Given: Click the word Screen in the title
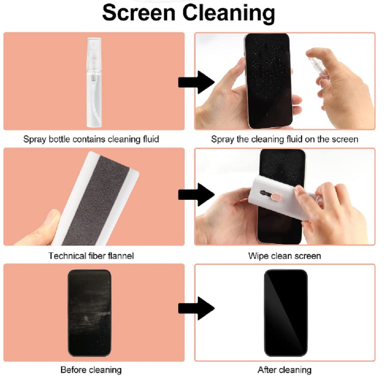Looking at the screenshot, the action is [139, 13].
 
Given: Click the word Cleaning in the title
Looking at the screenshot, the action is [229, 13].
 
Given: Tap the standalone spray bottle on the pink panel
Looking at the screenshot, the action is [94, 82].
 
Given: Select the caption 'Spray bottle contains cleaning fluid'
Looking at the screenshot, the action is [91, 139].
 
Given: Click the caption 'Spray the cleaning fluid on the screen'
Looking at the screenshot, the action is [285, 139].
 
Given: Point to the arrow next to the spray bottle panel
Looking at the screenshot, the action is [196, 82].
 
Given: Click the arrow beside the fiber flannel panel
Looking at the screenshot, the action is [196, 195].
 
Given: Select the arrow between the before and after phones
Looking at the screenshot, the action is [196, 308].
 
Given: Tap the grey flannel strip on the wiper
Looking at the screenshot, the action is [96, 201].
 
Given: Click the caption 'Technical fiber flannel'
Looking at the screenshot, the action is [91, 256].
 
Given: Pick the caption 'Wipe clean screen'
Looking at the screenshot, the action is [285, 256].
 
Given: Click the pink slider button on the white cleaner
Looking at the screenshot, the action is [275, 196].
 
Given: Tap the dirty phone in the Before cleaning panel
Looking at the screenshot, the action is [89, 313].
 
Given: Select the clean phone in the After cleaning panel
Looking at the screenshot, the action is [286, 313].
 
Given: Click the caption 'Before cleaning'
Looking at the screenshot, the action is [91, 370].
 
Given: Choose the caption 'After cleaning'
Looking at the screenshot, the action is [285, 370].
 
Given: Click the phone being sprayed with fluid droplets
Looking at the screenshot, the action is [268, 81].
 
